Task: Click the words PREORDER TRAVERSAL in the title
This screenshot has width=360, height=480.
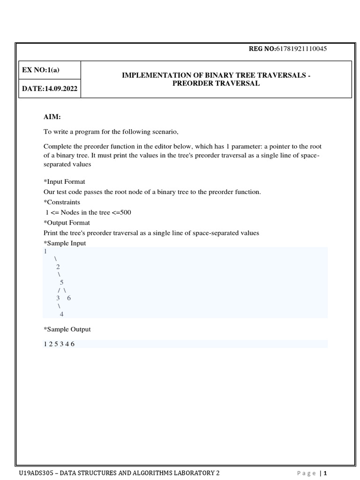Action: [216, 83]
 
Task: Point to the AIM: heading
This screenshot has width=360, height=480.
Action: [52, 117]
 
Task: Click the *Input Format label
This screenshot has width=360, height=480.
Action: [64, 181]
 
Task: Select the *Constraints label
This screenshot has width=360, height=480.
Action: [62, 202]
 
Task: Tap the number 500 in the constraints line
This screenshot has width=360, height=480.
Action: [126, 212]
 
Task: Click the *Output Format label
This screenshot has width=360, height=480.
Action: [67, 223]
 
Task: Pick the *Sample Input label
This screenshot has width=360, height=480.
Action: [65, 243]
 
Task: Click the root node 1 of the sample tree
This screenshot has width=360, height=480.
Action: [45, 251]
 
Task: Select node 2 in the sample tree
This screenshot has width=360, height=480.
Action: [58, 266]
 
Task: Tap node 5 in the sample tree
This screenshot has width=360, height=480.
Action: [61, 282]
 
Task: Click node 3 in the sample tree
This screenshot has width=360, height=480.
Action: [58, 298]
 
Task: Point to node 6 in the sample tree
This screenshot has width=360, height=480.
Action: [69, 298]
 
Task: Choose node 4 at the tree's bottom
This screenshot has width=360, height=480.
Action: [61, 314]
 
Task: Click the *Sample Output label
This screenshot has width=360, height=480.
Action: [67, 329]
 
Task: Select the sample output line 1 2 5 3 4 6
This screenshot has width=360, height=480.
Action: [59, 344]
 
